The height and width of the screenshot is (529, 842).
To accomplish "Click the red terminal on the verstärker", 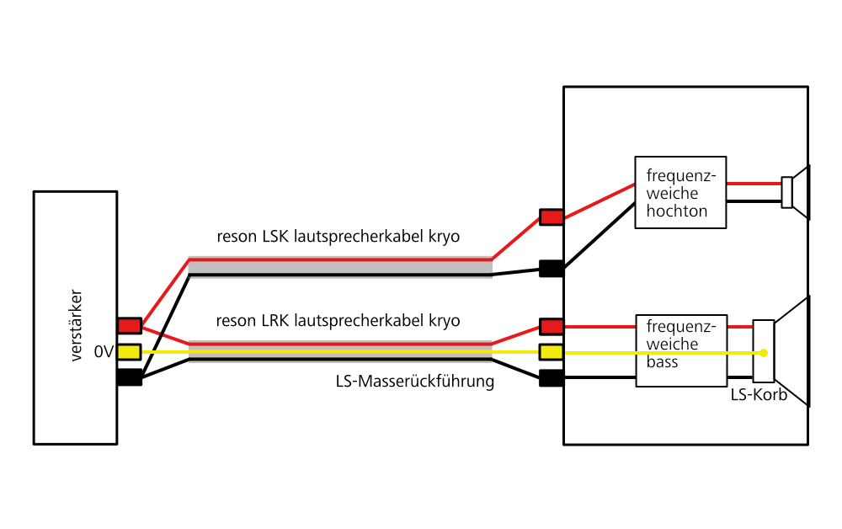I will point(130,325).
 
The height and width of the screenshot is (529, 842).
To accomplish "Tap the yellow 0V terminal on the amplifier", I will point(130,351).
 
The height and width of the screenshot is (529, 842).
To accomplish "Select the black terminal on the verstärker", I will point(130,377).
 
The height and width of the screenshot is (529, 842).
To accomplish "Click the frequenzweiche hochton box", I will point(680,192).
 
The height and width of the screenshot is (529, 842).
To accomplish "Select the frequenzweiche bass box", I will point(680,351).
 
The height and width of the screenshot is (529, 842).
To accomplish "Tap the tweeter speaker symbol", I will point(797,192).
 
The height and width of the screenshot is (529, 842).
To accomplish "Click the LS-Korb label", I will point(759,393).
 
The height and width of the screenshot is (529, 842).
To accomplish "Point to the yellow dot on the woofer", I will point(764,352).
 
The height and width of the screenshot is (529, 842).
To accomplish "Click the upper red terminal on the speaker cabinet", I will point(552,217).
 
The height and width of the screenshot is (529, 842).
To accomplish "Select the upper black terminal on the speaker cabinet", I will point(552,269).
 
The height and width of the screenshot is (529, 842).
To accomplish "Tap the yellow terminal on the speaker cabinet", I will point(552,351).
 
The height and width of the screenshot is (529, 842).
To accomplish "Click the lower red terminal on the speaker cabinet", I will point(552,326).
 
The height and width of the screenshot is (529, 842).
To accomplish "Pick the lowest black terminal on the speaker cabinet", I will point(552,377).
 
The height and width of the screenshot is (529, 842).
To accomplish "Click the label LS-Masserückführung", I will point(414,382).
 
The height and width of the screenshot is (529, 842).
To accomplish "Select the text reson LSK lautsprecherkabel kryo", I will point(338,237).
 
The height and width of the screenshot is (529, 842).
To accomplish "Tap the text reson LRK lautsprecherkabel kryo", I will point(338,321).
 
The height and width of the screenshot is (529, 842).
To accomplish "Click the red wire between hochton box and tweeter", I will point(754,184).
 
